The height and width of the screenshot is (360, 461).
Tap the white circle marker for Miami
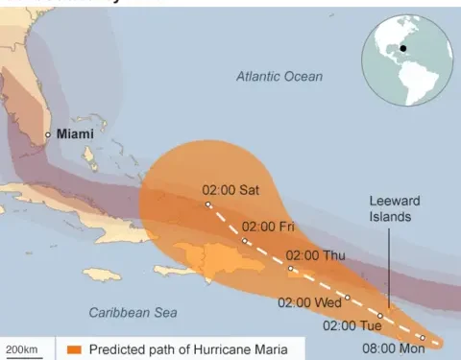pos(48,135)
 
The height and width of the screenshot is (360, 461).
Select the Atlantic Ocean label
pos(279,76)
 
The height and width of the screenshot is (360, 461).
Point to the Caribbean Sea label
pos(133,312)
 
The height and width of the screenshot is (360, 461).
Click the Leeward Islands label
pos(396,208)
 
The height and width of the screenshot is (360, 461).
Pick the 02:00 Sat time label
pos(231,190)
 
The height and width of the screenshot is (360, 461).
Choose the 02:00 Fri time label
pos(269,227)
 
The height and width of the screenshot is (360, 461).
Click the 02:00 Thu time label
pos(315,255)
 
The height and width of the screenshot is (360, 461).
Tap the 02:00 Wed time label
pos(309,302)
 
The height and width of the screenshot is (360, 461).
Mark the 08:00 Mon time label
pos(392,348)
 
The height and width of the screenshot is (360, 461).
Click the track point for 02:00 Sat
pos(207,204)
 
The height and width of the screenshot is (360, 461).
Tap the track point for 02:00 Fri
pos(247,241)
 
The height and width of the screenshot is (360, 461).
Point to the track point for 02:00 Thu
pos(291,269)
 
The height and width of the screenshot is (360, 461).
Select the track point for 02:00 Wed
pos(348,297)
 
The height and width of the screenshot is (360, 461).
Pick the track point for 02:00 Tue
pos(380,315)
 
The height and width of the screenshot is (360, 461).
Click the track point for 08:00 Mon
pos(422,338)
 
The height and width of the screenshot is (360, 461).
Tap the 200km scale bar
pos(23,349)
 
